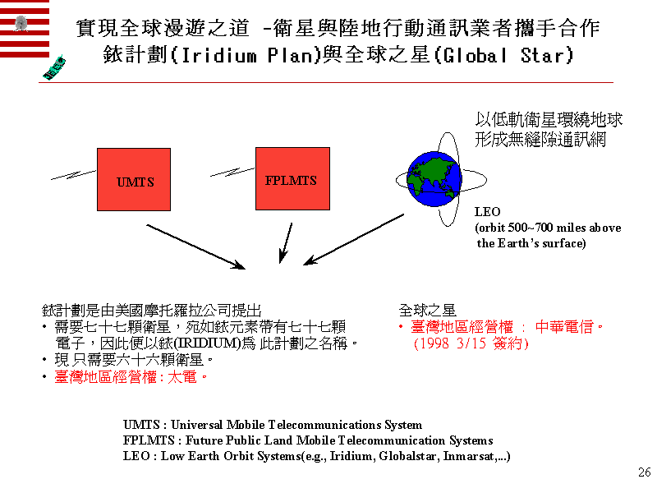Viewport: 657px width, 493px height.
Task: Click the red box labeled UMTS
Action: [x=134, y=180]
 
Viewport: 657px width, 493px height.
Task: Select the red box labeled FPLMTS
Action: [x=291, y=178]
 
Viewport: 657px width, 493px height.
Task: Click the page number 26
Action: [x=644, y=472]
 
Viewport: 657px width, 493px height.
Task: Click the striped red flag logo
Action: [x=24, y=29]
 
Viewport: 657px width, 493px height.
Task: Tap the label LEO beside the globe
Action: [x=488, y=212]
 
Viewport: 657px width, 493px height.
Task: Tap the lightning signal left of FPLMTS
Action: [x=232, y=172]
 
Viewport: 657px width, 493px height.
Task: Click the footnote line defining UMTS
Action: [x=272, y=425]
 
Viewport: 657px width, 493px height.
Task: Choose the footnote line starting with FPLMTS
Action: [x=308, y=440]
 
